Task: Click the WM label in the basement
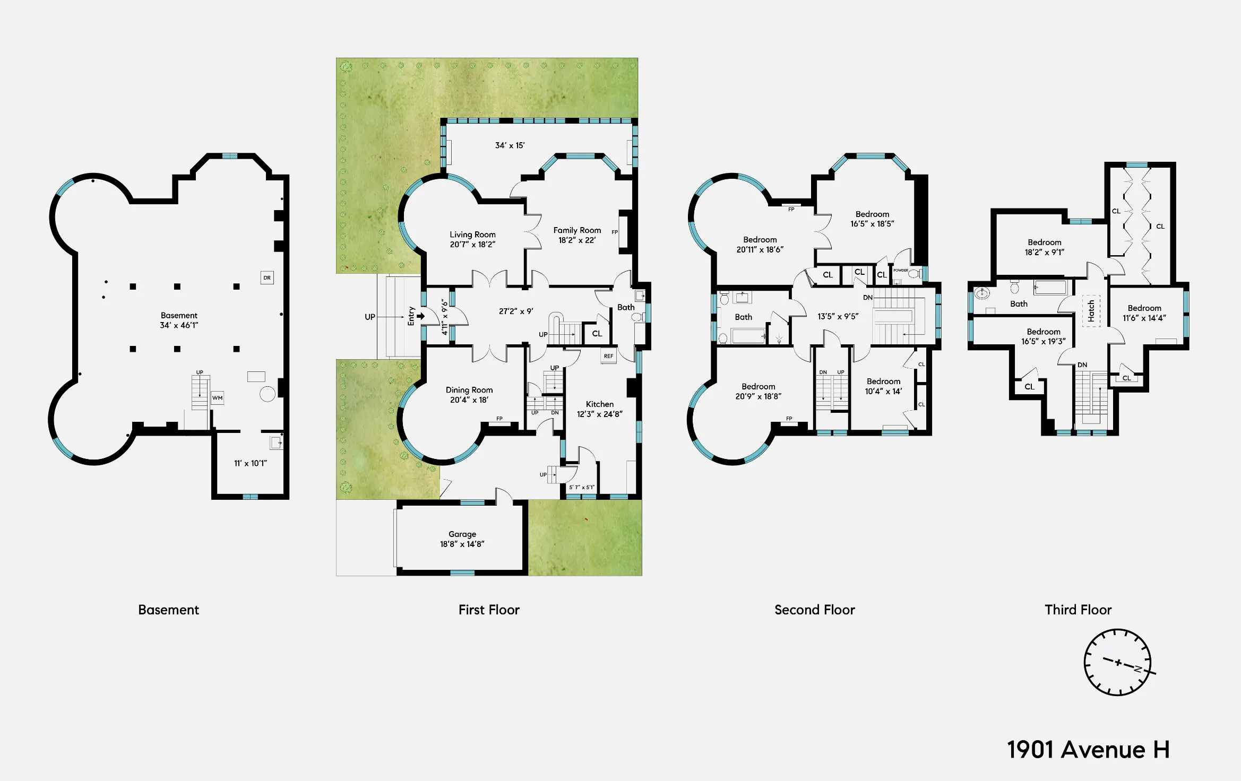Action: click(x=218, y=398)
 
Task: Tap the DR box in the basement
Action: click(x=267, y=277)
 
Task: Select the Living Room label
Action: click(x=472, y=235)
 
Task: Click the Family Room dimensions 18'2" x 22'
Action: click(x=577, y=240)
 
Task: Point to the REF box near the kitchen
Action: click(x=608, y=356)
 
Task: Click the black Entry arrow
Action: click(x=420, y=316)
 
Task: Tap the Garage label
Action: click(x=462, y=534)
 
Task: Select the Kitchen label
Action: click(x=599, y=404)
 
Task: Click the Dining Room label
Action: click(x=469, y=390)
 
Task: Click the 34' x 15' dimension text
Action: click(x=510, y=145)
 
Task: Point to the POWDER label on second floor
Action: click(x=900, y=271)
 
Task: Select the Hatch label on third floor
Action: click(x=1091, y=311)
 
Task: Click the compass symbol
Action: click(x=1117, y=663)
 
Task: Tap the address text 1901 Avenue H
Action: click(x=1088, y=750)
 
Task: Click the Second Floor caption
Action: click(x=814, y=610)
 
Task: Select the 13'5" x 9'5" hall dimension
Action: click(x=838, y=317)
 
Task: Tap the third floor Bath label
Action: click(x=1019, y=304)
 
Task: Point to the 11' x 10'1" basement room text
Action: click(x=251, y=463)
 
